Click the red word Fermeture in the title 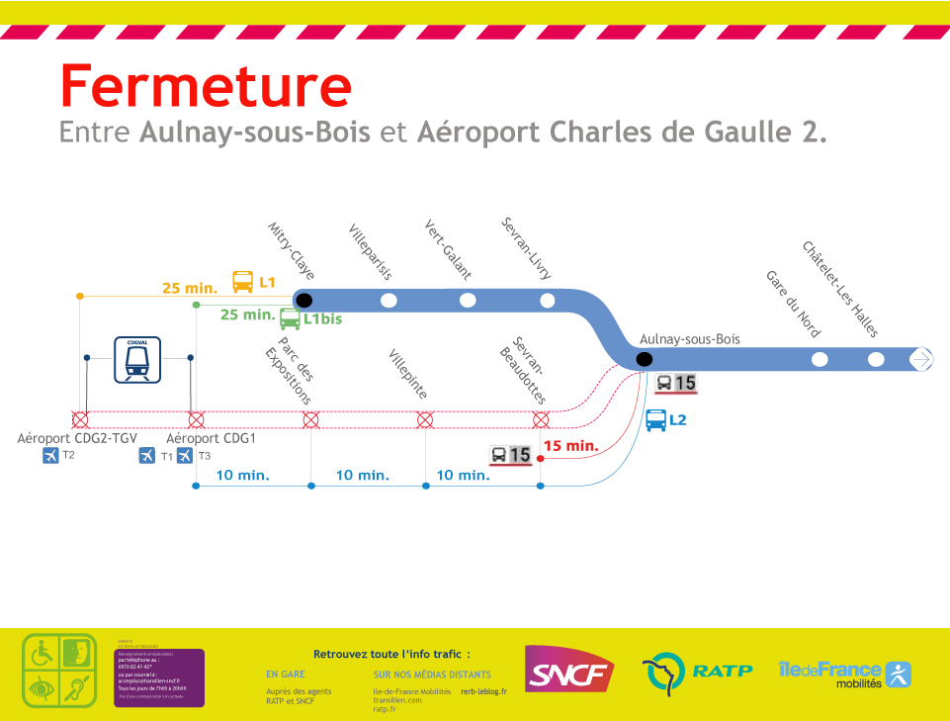point(206,86)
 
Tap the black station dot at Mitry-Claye point(303,300)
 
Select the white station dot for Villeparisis point(389,300)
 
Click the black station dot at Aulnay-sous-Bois point(645,359)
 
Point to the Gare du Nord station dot point(819,359)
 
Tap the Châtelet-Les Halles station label point(840,290)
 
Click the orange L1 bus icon point(242,282)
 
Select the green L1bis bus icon point(290,318)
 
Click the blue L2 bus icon point(655,420)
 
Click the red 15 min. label point(571,445)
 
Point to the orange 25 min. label point(190,288)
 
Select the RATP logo point(697,673)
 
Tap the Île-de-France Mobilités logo point(844,674)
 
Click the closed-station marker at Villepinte point(425,419)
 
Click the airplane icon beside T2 point(51,456)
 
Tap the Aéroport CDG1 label point(211,438)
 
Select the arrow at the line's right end point(921,359)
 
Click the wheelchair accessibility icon point(42,653)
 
